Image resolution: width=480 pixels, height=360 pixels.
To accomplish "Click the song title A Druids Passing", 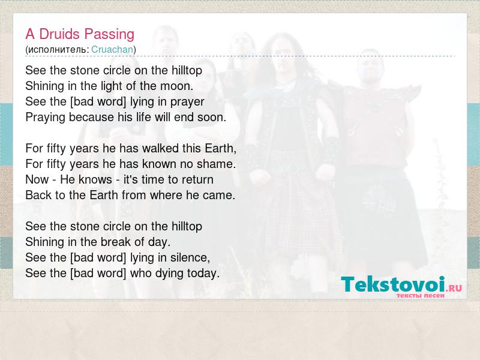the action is click(x=80, y=34).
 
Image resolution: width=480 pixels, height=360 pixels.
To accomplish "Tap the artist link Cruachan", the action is click(x=112, y=50).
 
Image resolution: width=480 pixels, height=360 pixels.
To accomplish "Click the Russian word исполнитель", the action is click(x=57, y=50).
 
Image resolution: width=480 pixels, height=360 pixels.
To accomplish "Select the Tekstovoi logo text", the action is click(x=393, y=284).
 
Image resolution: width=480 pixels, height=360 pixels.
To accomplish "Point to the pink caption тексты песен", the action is click(x=421, y=295).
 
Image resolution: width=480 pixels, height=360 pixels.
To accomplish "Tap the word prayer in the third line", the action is click(x=187, y=102).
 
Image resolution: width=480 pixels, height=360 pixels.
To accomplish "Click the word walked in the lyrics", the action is click(x=160, y=148).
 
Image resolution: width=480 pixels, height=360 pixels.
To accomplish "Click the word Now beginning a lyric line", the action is click(x=37, y=179).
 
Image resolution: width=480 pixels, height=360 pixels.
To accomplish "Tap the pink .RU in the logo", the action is click(x=454, y=288).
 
